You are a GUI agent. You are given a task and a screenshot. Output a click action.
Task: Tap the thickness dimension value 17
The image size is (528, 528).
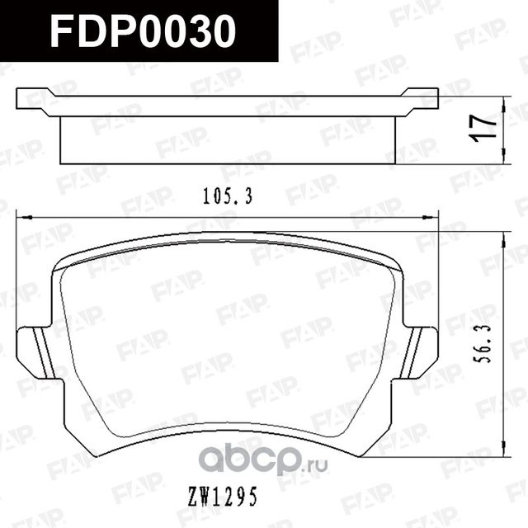(x=488, y=130)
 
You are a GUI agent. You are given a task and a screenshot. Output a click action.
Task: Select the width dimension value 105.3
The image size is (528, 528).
(x=226, y=196)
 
